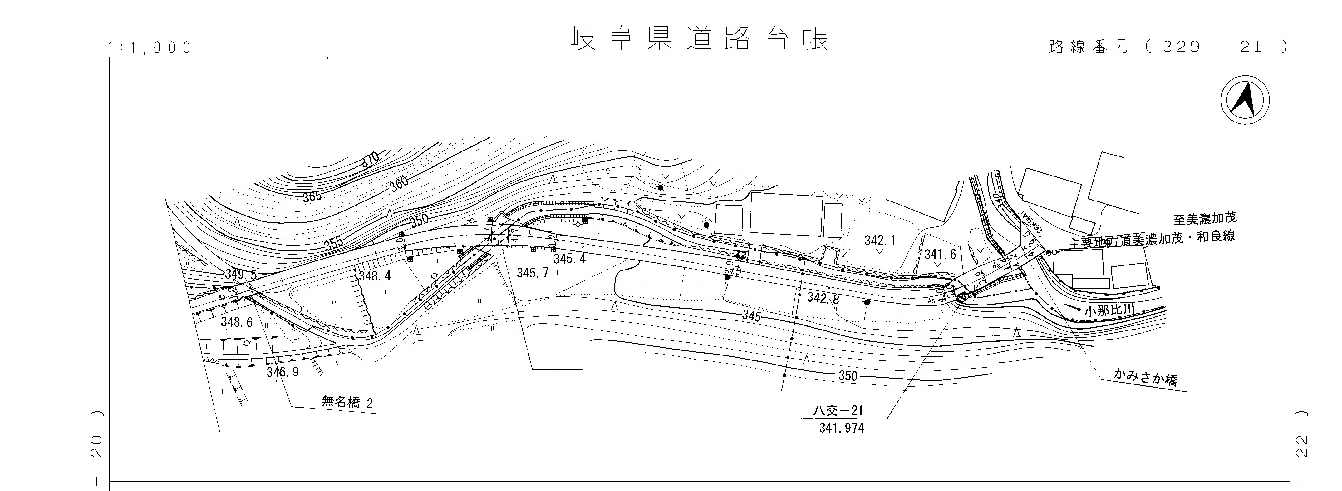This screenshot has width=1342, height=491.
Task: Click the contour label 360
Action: pyautogui.click(x=399, y=183)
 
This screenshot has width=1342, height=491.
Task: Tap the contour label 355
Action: pyautogui.click(x=333, y=243)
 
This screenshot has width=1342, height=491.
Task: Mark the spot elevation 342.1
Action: pyautogui.click(x=880, y=240)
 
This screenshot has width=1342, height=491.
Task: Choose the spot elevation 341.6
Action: pyautogui.click(x=940, y=254)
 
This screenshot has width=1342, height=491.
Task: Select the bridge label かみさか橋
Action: pyautogui.click(x=1145, y=377)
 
